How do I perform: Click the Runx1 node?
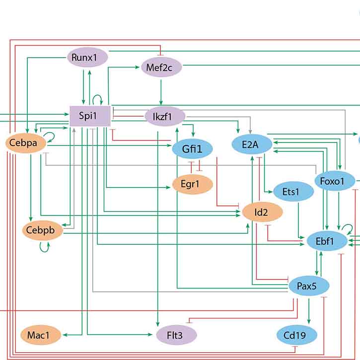87,58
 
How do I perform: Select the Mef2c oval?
161,67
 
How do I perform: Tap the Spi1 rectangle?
89,117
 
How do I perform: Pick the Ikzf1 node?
165,117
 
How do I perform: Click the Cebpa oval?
25,144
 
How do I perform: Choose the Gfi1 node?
192,148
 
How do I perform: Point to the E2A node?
252,144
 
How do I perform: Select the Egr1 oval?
193,184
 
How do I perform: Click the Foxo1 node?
335,181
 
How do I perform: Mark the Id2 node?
262,213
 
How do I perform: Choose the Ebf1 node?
325,241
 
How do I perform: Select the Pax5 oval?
309,287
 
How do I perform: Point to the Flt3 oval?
176,336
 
